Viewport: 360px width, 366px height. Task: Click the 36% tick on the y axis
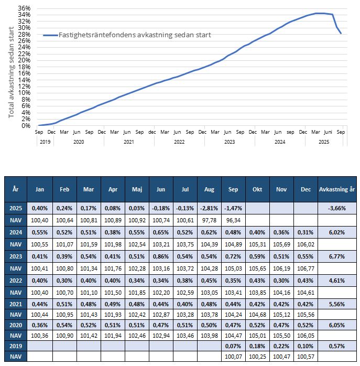tap(25, 8)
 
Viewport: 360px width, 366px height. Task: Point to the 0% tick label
tap(26, 125)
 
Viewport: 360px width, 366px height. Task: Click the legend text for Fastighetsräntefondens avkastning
tap(134, 35)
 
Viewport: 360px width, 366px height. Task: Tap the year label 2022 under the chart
tap(179, 142)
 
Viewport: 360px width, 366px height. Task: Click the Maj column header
tap(137, 189)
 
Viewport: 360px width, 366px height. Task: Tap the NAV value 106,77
tap(306, 268)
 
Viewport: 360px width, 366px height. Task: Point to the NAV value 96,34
tap(233, 220)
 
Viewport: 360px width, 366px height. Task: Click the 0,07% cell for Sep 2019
tap(233, 346)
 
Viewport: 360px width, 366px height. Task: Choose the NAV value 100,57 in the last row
tap(306, 357)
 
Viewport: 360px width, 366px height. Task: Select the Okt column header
tap(257, 189)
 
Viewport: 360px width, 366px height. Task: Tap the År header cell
tap(15, 189)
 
